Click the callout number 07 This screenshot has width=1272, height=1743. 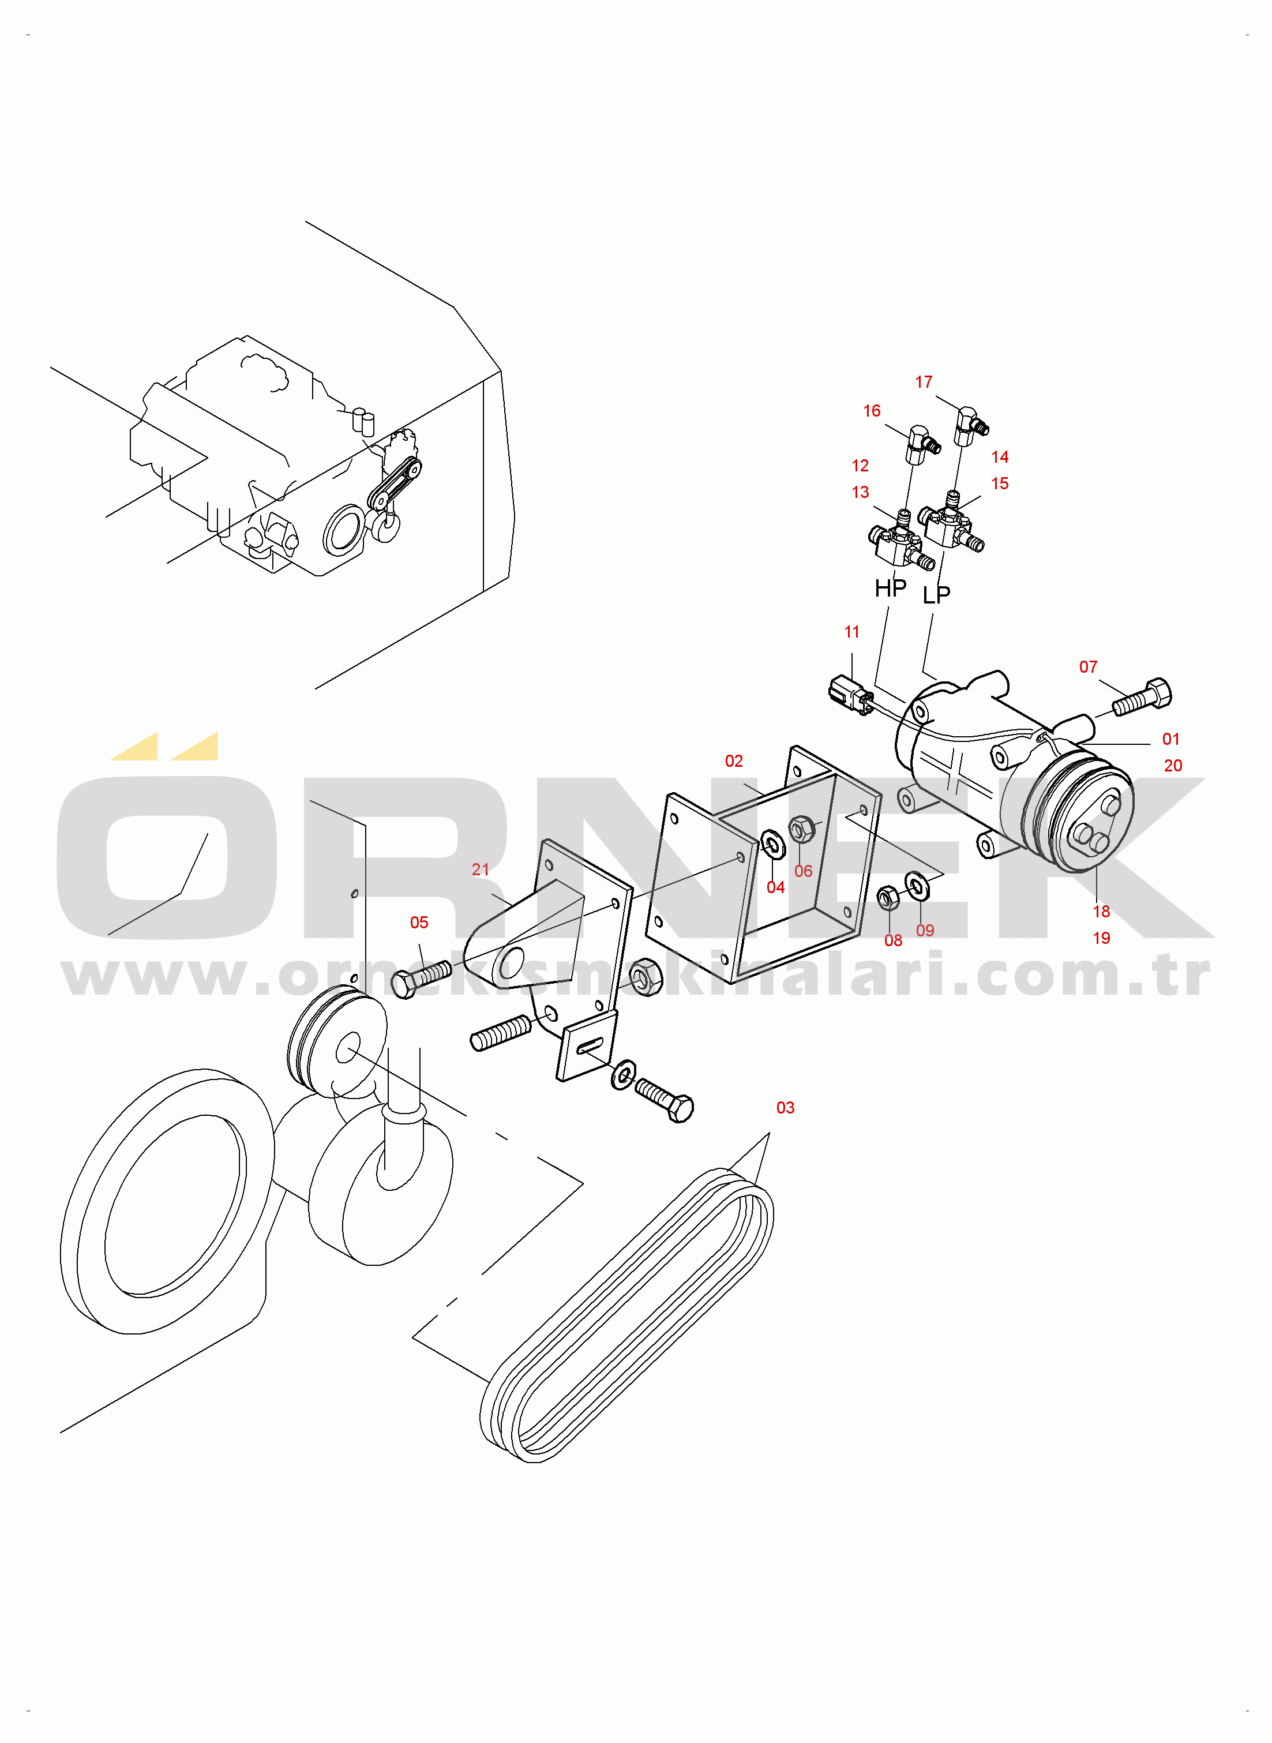pos(1087,667)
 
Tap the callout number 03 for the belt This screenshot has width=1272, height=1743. pos(785,1108)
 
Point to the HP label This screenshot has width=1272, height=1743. pos(890,588)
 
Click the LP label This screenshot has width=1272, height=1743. pos(936,594)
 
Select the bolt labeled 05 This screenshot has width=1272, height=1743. pos(421,979)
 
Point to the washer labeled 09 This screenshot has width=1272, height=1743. pos(916,886)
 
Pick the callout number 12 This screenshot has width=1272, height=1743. pos(860,466)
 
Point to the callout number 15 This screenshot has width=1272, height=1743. pos(999,483)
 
